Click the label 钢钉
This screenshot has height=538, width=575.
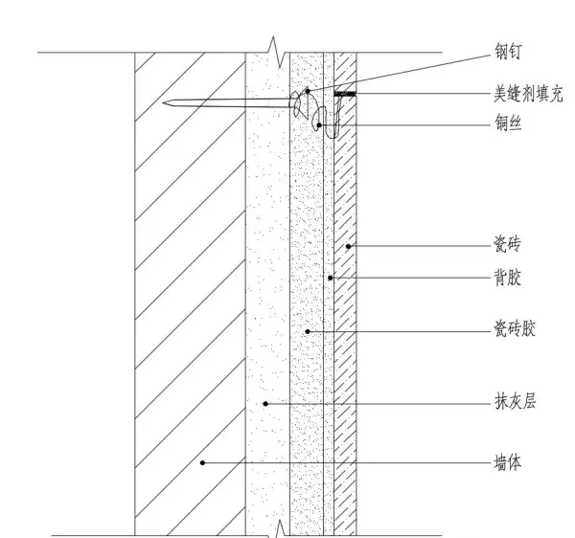pyautogui.click(x=508, y=52)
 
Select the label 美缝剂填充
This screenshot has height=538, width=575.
pyautogui.click(x=528, y=94)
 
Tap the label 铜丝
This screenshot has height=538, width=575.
pyautogui.click(x=508, y=123)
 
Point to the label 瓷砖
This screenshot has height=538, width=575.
pyautogui.click(x=507, y=243)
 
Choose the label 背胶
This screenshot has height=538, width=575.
pyautogui.click(x=508, y=278)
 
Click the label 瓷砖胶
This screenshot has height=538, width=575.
pyautogui.click(x=515, y=328)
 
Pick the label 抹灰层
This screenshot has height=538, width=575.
pyautogui.click(x=515, y=401)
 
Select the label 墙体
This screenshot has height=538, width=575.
pyautogui.click(x=508, y=462)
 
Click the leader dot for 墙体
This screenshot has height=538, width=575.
pyautogui.click(x=202, y=463)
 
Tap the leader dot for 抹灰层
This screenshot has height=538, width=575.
pyautogui.click(x=265, y=404)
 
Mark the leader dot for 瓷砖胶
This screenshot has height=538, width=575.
pyautogui.click(x=308, y=331)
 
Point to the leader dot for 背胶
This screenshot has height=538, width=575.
pyautogui.click(x=330, y=278)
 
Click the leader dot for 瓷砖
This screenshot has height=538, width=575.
pyautogui.click(x=349, y=246)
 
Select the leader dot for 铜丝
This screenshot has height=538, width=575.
pyautogui.click(x=319, y=125)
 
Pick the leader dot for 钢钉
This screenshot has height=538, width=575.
pyautogui.click(x=308, y=91)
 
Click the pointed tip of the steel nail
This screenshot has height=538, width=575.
pyautogui.click(x=163, y=103)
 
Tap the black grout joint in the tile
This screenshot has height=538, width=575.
pyautogui.click(x=345, y=94)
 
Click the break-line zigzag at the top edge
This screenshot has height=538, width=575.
pyautogui.click(x=277, y=52)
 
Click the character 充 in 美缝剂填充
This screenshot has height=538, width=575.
pyautogui.click(x=556, y=94)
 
